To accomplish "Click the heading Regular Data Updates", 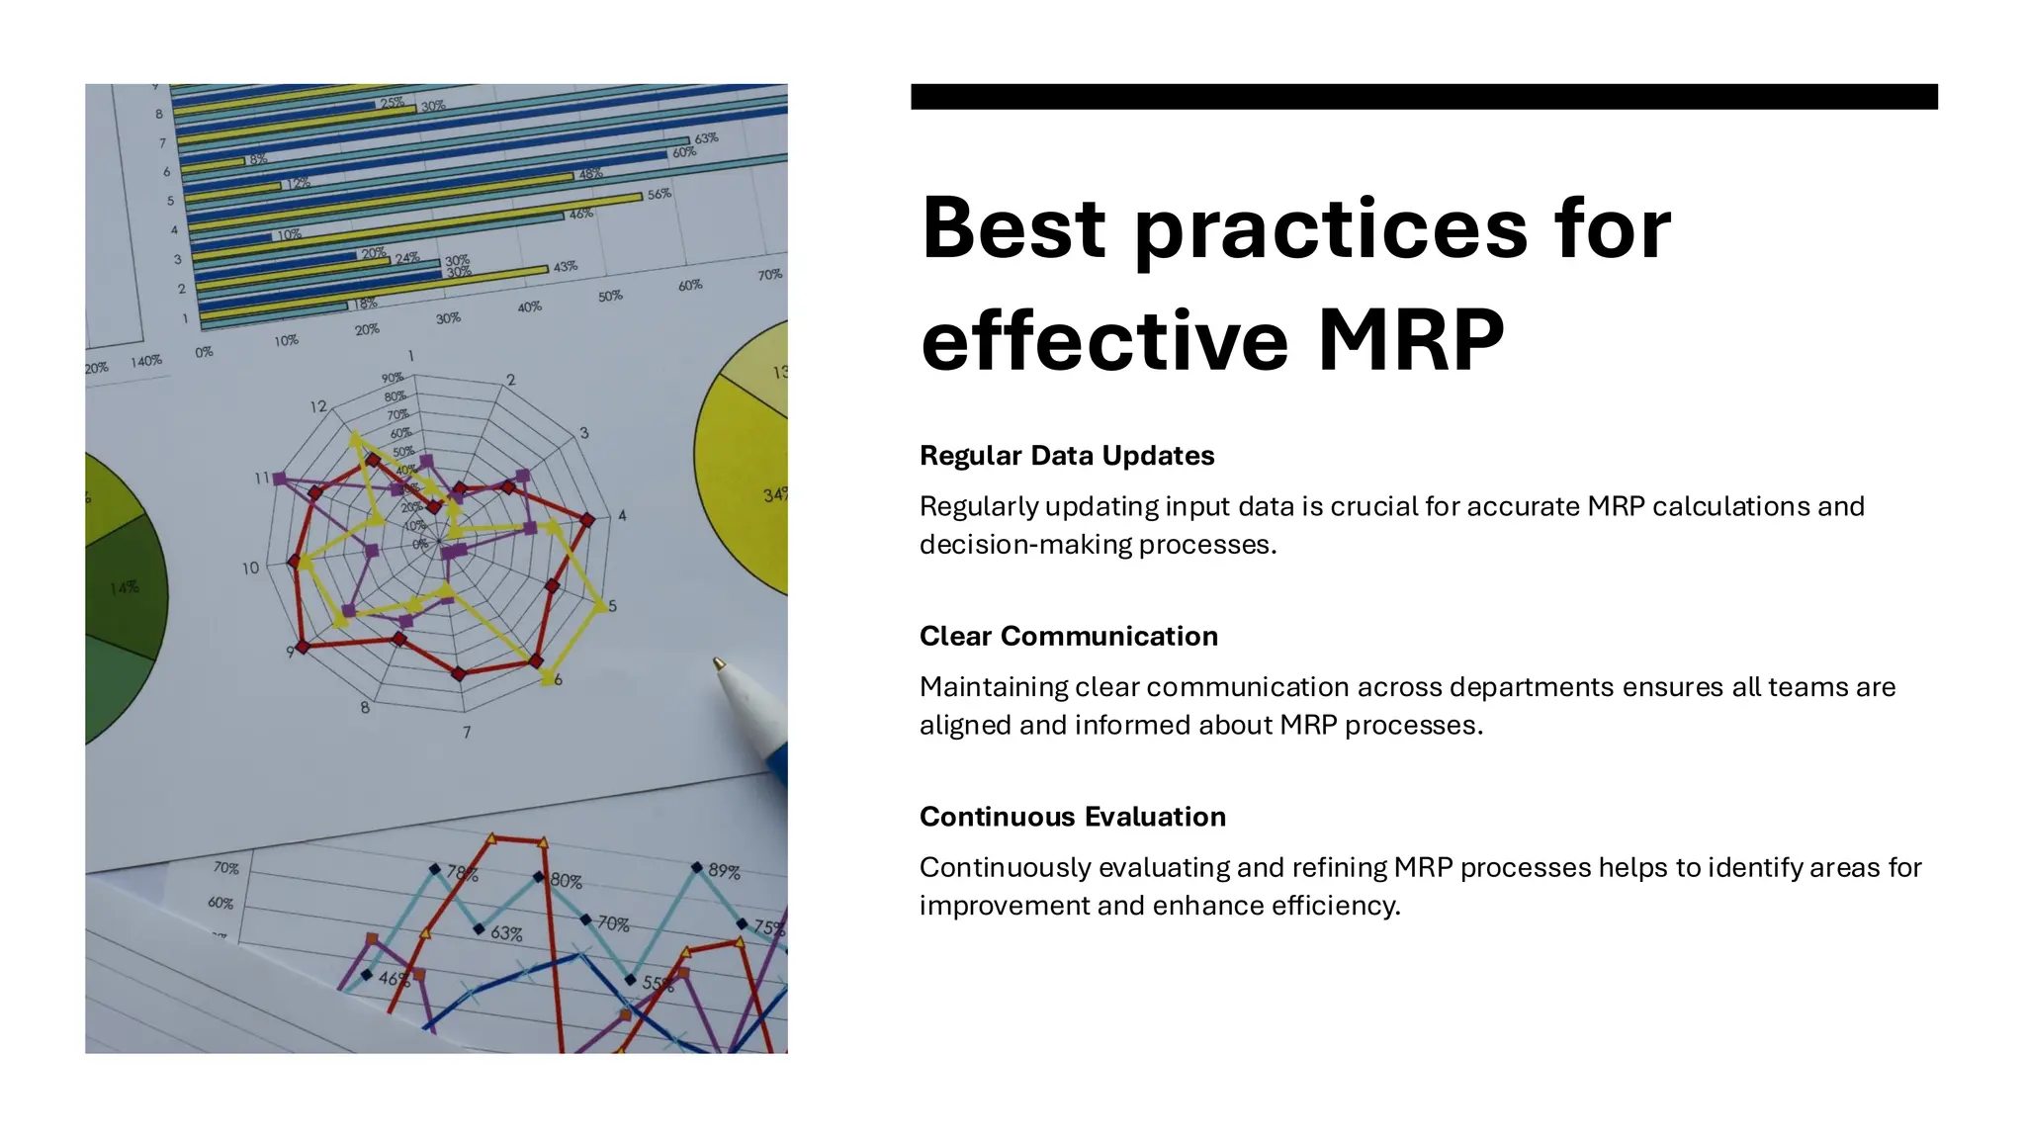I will [x=1066, y=456].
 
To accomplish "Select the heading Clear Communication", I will [x=1068, y=637].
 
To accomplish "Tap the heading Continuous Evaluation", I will [x=1072, y=817].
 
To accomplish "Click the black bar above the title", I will [x=1424, y=97].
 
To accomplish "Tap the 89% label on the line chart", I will [x=724, y=871].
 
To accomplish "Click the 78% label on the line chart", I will [x=462, y=874].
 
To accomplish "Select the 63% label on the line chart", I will [x=506, y=933].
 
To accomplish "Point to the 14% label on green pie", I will [x=125, y=588].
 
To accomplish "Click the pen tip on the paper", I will [x=719, y=663].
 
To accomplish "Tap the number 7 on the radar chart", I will [x=467, y=733].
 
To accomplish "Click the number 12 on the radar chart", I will [x=318, y=406].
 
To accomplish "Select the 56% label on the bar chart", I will [x=660, y=195].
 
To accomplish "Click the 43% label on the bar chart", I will [x=566, y=267].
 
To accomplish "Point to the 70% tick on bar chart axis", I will [x=770, y=275].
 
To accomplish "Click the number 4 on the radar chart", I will [x=622, y=515].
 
